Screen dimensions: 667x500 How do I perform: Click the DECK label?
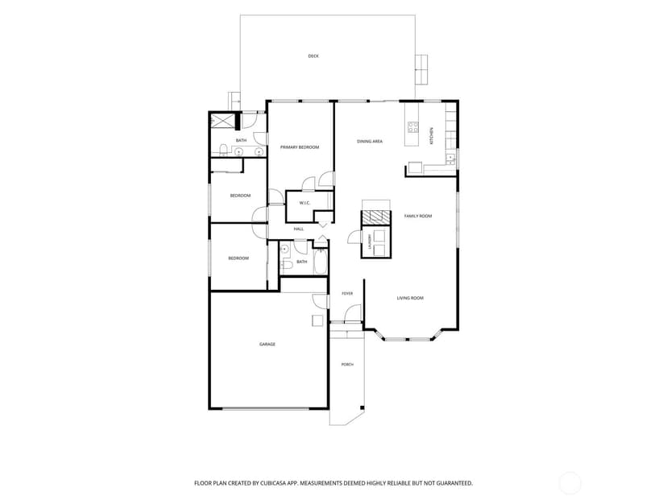[313, 56]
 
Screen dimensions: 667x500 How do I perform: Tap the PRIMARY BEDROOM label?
[300, 147]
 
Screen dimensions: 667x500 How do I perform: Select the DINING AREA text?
[370, 141]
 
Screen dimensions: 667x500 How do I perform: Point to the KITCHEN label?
[431, 136]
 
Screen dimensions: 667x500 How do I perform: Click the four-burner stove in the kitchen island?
[413, 127]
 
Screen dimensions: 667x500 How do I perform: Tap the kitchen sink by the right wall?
[450, 159]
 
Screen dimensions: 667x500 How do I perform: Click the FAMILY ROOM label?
[418, 216]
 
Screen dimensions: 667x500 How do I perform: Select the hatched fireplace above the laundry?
[375, 217]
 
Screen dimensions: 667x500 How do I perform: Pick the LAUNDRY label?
[370, 242]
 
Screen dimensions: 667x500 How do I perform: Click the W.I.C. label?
[304, 203]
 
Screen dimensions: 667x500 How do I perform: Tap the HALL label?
[299, 229]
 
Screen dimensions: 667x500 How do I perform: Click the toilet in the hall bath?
[287, 266]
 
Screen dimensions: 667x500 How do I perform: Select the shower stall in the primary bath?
[222, 121]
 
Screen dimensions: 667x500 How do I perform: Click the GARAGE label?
[267, 345]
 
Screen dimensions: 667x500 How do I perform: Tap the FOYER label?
[347, 294]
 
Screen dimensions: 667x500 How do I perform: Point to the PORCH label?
[347, 365]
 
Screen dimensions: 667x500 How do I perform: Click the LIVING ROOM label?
[410, 298]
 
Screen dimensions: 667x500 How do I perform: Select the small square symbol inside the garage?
[317, 320]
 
